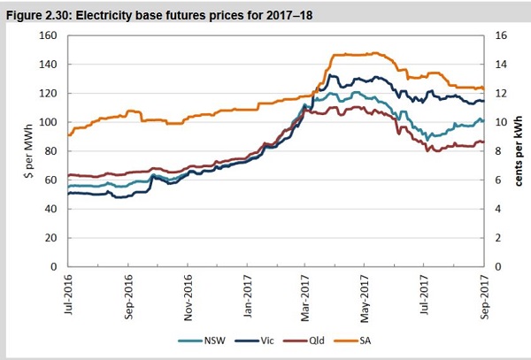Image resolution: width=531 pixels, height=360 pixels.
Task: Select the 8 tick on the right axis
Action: pos(497,151)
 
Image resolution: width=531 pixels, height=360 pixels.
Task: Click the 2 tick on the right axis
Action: pos(497,238)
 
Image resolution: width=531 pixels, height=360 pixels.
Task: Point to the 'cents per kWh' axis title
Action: pos(519,151)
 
